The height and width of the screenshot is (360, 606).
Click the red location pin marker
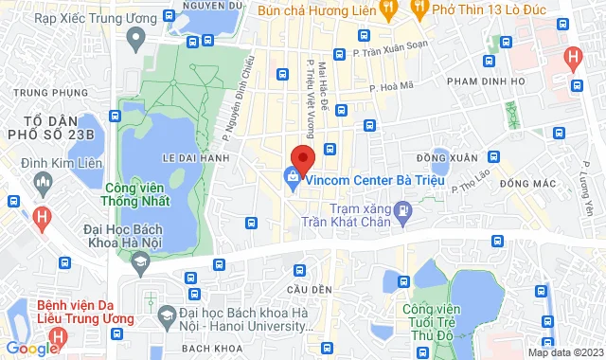(302, 156)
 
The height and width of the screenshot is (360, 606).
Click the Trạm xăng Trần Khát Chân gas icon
(405, 209)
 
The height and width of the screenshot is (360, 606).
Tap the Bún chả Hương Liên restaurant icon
(387, 8)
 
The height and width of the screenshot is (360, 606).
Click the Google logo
(31, 349)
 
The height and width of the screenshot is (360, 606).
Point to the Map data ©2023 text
(565, 352)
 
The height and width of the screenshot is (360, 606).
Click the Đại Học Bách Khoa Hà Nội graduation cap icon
(140, 261)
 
